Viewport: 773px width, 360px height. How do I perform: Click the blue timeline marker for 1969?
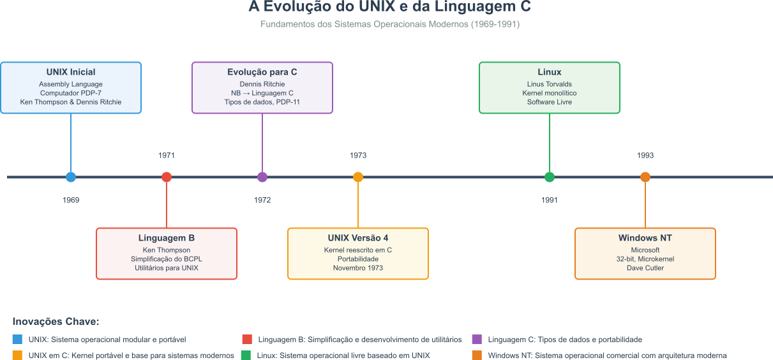(x=71, y=177)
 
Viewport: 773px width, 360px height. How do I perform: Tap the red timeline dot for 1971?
(x=167, y=177)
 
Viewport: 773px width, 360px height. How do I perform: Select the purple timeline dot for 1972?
(x=262, y=177)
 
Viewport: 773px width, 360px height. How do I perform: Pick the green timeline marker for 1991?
(x=550, y=177)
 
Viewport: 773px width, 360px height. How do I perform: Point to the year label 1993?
(x=645, y=155)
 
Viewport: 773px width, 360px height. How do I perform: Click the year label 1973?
(x=358, y=155)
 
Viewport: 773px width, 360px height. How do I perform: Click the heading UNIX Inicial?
(x=71, y=72)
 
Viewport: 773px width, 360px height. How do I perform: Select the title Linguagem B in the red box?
(x=167, y=238)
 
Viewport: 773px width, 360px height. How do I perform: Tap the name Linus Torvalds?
(x=550, y=84)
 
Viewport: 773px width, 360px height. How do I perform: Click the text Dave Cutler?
(x=645, y=268)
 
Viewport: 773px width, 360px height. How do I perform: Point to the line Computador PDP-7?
(x=71, y=93)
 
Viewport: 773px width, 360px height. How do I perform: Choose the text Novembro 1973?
(x=358, y=268)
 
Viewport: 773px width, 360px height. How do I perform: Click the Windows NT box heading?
(x=645, y=238)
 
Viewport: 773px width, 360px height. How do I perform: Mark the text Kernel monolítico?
(x=550, y=93)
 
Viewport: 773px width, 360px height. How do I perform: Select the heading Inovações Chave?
(x=56, y=322)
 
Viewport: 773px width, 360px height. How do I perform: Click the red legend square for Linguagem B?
(x=247, y=340)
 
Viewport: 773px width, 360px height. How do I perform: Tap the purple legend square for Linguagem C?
(x=477, y=340)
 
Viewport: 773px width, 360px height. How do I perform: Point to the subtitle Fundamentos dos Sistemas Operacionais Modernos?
(x=390, y=24)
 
